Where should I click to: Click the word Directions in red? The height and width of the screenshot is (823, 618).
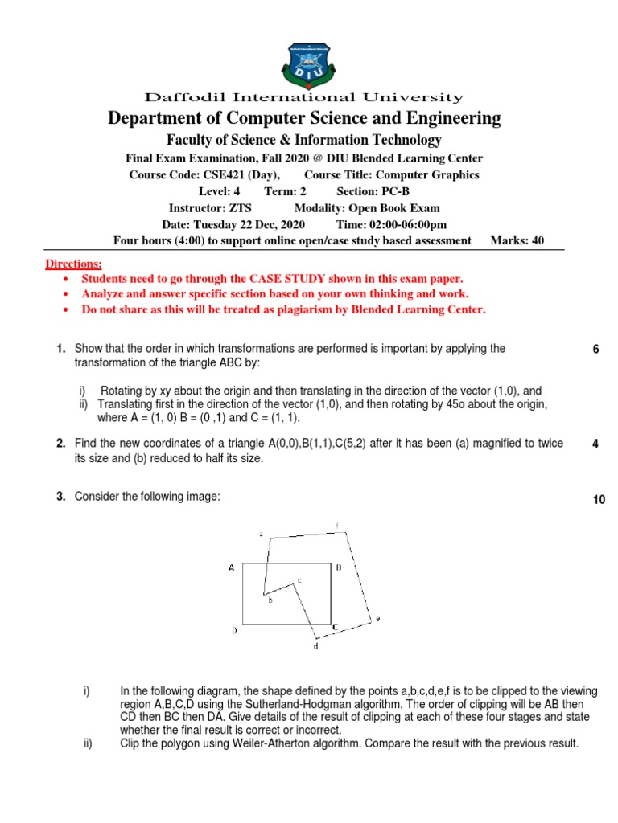pyautogui.click(x=73, y=264)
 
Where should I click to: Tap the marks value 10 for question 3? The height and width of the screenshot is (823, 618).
pyautogui.click(x=599, y=500)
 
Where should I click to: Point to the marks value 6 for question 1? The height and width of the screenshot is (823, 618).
pyautogui.click(x=595, y=349)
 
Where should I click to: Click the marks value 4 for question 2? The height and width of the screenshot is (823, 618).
pyautogui.click(x=595, y=444)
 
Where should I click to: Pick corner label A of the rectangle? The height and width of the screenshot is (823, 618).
pyautogui.click(x=231, y=567)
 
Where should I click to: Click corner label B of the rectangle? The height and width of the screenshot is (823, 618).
pyautogui.click(x=339, y=567)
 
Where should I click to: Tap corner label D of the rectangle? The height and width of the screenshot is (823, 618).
pyautogui.click(x=234, y=631)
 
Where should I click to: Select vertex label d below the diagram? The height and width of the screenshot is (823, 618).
pyautogui.click(x=315, y=646)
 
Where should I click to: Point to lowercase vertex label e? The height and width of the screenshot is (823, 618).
pyautogui.click(x=377, y=618)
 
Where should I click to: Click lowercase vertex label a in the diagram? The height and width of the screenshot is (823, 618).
pyautogui.click(x=261, y=534)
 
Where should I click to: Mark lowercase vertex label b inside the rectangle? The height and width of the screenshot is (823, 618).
pyautogui.click(x=270, y=600)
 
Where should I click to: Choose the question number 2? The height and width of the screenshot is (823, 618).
pyautogui.click(x=60, y=444)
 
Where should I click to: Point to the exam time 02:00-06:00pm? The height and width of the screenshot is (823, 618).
pyautogui.click(x=409, y=224)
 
